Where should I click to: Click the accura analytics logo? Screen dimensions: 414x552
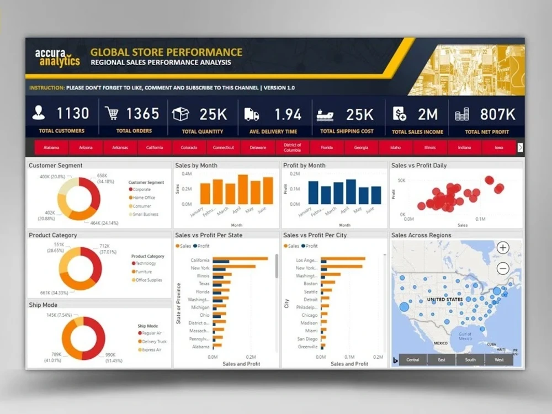57,57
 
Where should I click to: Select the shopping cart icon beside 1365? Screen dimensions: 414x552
112,114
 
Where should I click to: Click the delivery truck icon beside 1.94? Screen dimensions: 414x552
251,114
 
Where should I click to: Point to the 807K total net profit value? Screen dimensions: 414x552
498,114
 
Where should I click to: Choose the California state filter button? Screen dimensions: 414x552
155,148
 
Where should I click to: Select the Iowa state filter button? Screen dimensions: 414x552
499,148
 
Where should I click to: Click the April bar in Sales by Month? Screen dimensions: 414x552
242,189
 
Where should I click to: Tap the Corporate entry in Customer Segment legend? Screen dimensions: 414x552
141,190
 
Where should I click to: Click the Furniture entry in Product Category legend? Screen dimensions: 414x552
144,272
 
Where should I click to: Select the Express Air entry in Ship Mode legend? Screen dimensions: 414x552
151,350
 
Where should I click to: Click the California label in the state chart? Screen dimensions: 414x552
200,261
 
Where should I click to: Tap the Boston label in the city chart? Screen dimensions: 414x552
310,284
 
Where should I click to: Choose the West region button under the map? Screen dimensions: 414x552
499,360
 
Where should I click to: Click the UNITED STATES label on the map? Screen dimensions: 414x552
445,300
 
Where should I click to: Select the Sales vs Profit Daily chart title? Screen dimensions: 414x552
419,166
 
